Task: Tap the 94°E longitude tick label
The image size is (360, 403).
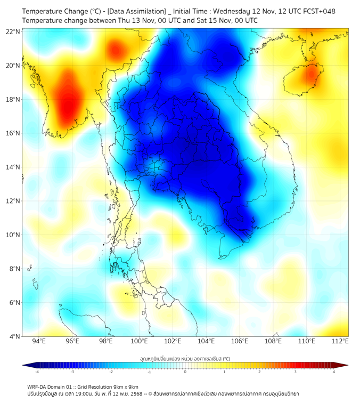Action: (x=39, y=341)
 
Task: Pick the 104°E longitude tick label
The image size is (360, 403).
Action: (x=206, y=341)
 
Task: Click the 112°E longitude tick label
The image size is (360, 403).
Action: (x=340, y=341)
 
